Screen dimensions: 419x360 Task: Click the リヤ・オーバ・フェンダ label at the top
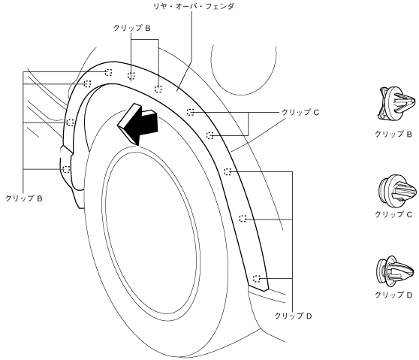[x=194, y=7]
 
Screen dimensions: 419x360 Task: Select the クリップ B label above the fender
[x=131, y=28]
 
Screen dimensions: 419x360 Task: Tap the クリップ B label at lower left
[x=24, y=198]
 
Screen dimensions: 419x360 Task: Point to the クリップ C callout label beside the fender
[x=300, y=112]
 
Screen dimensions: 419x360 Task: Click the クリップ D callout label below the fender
[x=293, y=316]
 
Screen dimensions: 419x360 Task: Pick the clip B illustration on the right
[x=396, y=104]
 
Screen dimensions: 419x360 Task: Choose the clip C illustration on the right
[x=397, y=191]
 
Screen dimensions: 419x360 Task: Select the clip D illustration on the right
[x=396, y=271]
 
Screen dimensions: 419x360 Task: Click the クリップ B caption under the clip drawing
[x=393, y=134]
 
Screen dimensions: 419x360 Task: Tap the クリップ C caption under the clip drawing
[x=393, y=214]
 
